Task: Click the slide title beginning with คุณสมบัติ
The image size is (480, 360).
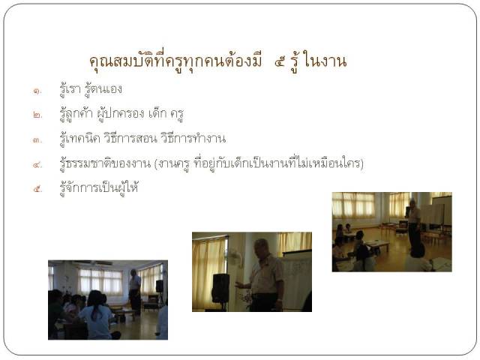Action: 218,61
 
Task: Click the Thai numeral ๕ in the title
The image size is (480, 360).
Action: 280,62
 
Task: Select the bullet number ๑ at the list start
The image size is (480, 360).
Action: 37,91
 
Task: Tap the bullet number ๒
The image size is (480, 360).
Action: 37,115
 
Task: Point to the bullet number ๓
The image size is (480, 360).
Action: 37,140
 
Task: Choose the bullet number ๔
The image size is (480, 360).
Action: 37,165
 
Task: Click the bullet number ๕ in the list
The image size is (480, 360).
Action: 37,189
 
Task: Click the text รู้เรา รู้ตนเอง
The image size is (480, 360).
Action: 91,89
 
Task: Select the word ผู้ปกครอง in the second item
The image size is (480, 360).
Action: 121,114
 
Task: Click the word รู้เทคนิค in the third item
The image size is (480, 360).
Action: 80,139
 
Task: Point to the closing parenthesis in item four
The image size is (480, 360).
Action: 361,163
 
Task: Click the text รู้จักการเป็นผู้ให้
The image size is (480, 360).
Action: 99,187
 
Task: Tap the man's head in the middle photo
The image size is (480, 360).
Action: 262,248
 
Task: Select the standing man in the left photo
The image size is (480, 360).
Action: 135,292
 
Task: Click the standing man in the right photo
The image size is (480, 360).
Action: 414,225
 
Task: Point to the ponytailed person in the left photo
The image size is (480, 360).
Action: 97,315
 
